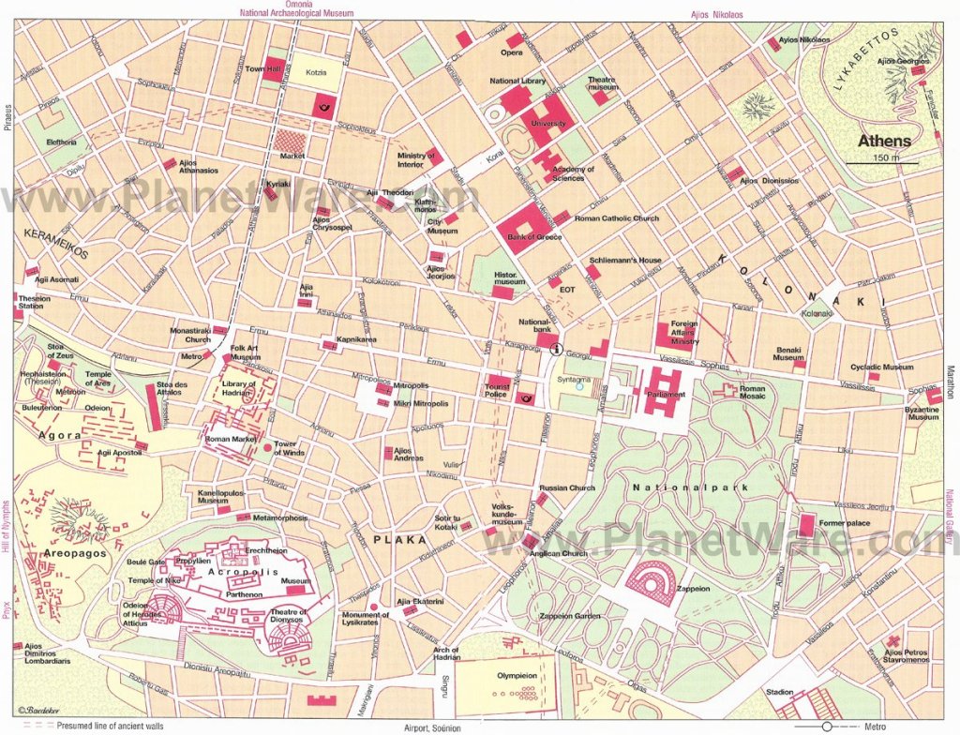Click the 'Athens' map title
click(x=885, y=142)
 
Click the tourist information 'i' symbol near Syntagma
click(x=557, y=349)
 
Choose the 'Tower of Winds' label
click(x=289, y=448)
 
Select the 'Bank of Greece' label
click(x=534, y=237)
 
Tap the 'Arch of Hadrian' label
click(x=446, y=654)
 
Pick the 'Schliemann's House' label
click(x=625, y=260)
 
